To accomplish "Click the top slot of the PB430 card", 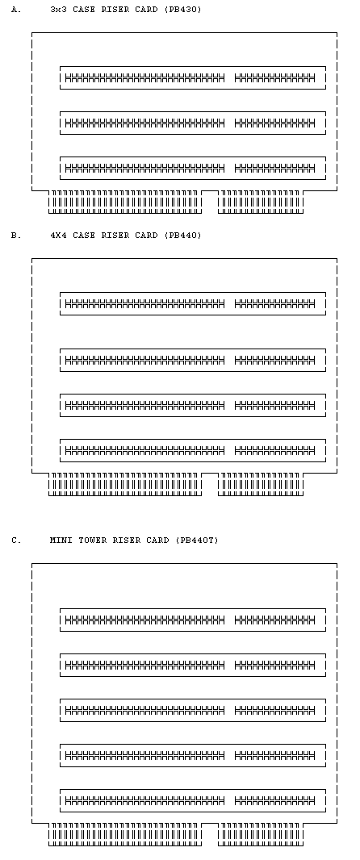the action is [193, 78].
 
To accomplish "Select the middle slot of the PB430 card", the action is [193, 123].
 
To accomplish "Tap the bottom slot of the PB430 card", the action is [193, 168].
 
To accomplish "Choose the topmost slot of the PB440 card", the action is [193, 303].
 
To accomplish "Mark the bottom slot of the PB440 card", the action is [193, 450].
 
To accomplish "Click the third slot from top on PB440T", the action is [193, 710].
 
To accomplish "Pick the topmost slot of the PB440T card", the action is [193, 620].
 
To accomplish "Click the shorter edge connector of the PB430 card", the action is [261, 202].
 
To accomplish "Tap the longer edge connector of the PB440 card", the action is [125, 484].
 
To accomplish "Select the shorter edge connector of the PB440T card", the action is [261, 834].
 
